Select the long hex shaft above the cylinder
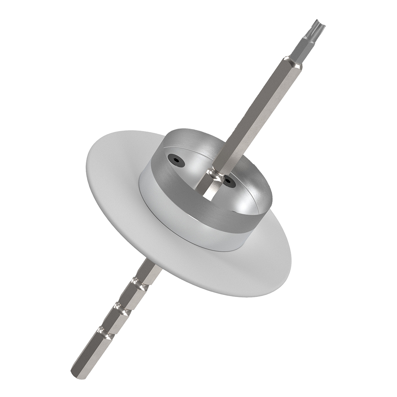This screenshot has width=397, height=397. coord(254,115)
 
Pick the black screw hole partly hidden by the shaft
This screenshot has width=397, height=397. coord(230,182)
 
